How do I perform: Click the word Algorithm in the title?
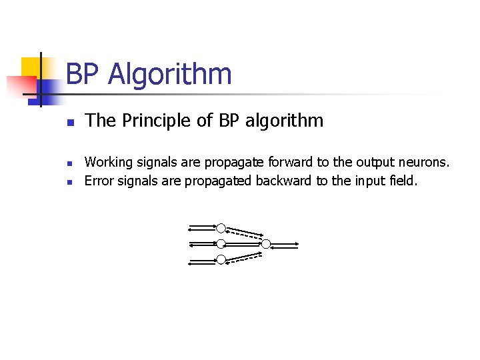(170, 75)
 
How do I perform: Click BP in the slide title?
(83, 75)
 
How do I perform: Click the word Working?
(109, 162)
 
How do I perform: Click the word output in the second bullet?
(374, 162)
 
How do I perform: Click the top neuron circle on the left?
(221, 228)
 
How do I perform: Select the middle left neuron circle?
(221, 244)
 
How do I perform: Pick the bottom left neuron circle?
(221, 260)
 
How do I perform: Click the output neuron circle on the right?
(266, 244)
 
